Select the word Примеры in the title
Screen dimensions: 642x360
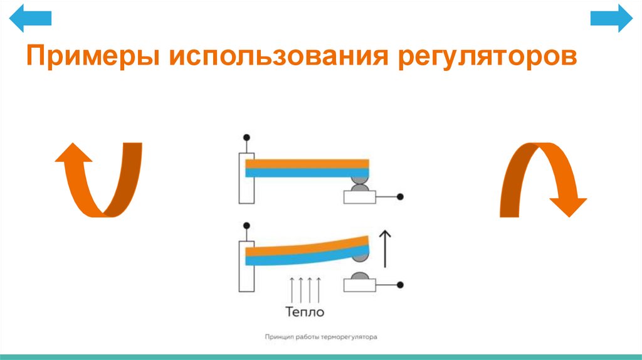(92, 57)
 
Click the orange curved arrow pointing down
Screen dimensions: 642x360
(543, 179)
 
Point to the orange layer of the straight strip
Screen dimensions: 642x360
(307, 164)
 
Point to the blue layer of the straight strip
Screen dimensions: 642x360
(307, 172)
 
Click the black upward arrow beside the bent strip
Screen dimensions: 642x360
(386, 248)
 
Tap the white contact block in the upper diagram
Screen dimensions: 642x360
(359, 197)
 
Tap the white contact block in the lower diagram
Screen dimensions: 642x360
(359, 285)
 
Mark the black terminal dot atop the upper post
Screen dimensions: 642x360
(246, 137)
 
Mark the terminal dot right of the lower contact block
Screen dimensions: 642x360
(400, 285)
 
